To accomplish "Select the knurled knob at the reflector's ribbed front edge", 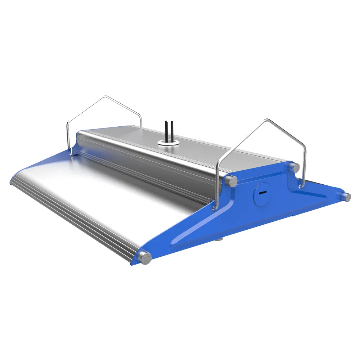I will [x=145, y=258].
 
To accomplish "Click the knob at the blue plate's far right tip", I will [x=346, y=197].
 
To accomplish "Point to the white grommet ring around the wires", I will [x=168, y=143].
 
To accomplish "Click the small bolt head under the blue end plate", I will [x=219, y=238].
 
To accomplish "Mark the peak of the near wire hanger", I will [x=267, y=120].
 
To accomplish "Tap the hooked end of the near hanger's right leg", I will [x=300, y=186].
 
